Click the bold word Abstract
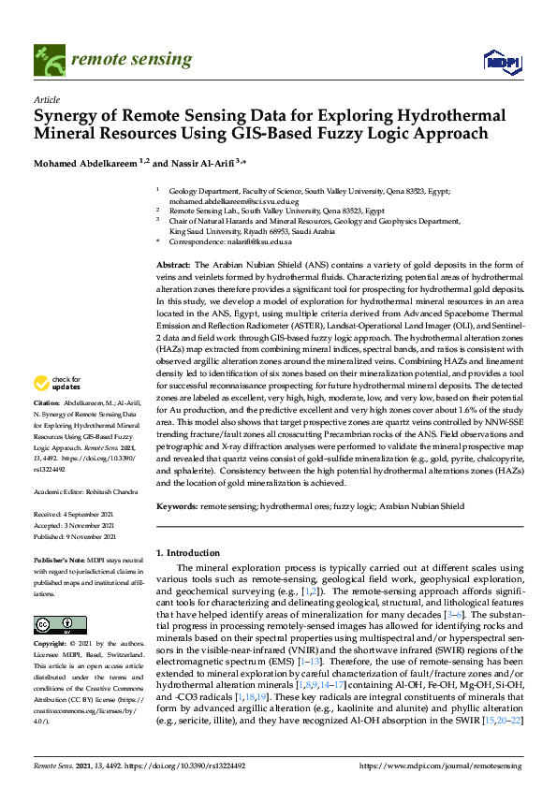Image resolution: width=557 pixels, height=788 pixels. click(172, 266)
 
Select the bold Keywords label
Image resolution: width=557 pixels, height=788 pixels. click(177, 506)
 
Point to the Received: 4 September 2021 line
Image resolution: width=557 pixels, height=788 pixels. click(74, 514)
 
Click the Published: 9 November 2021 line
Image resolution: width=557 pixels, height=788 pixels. click(75, 537)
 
